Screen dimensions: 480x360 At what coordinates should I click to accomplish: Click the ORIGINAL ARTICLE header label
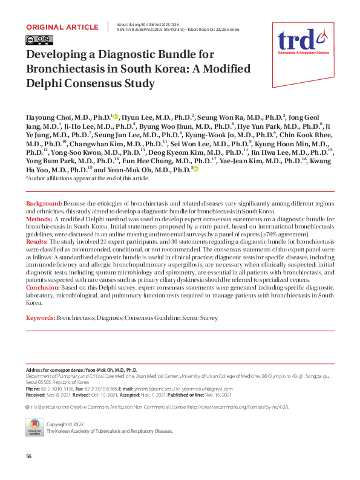point(62,27)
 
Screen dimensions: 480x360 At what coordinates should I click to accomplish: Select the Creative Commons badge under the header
point(36,41)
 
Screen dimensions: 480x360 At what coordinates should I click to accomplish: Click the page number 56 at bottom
point(28,455)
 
